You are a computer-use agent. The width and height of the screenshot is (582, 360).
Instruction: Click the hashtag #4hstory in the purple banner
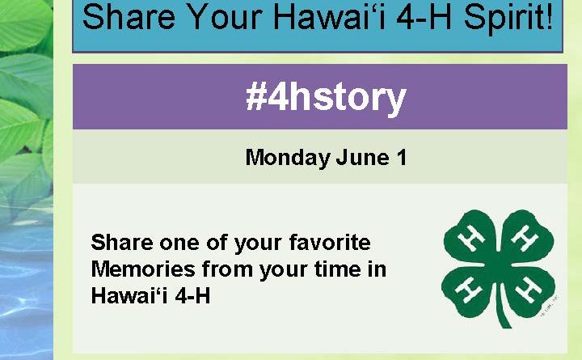click(x=326, y=98)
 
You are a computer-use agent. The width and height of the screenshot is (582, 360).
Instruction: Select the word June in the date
click(x=363, y=157)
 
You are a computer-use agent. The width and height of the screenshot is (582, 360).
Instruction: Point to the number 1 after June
click(x=402, y=157)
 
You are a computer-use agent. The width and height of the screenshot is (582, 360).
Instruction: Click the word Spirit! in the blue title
click(x=508, y=19)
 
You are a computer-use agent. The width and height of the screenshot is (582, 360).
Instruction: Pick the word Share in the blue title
click(x=129, y=17)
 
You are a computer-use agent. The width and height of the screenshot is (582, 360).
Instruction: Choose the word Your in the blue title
click(x=225, y=17)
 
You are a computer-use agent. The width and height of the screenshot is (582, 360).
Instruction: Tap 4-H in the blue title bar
click(x=424, y=17)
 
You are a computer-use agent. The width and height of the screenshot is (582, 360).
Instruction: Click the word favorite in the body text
click(x=330, y=242)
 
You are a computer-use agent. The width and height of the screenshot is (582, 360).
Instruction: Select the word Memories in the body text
click(x=143, y=269)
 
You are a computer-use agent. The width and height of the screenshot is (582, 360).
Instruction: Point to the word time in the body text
click(x=337, y=269)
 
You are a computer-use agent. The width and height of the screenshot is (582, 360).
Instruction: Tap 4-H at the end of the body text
click(x=192, y=296)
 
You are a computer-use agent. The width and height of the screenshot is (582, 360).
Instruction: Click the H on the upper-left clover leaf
click(x=470, y=237)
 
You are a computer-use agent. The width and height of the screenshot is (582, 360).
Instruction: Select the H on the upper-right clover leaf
click(x=525, y=237)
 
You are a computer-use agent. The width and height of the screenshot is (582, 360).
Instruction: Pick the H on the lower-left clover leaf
click(x=468, y=290)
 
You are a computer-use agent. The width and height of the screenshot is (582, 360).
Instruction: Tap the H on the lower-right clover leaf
click(x=527, y=290)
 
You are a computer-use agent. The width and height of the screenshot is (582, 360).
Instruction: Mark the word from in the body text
click(x=227, y=269)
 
